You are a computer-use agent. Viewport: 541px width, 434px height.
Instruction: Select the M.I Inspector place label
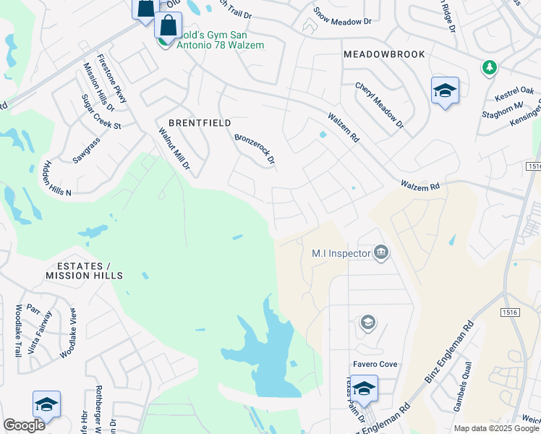[341, 253]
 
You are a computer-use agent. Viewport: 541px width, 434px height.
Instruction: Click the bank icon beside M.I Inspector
[381, 252]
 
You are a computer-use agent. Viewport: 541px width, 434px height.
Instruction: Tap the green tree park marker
[490, 67]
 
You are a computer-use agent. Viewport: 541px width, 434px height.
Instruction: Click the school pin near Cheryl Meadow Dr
[445, 91]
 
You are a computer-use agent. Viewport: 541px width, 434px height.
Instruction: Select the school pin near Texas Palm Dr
[365, 389]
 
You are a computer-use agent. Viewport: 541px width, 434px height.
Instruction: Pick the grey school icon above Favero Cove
[368, 323]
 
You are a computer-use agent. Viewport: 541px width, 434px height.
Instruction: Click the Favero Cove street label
[375, 364]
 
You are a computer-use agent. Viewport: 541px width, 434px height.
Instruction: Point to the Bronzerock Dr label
[255, 147]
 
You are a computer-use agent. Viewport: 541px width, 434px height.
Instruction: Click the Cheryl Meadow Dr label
[379, 106]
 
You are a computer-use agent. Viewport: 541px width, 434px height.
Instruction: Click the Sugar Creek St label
[101, 112]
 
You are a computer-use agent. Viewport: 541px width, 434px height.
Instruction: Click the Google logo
[24, 425]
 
